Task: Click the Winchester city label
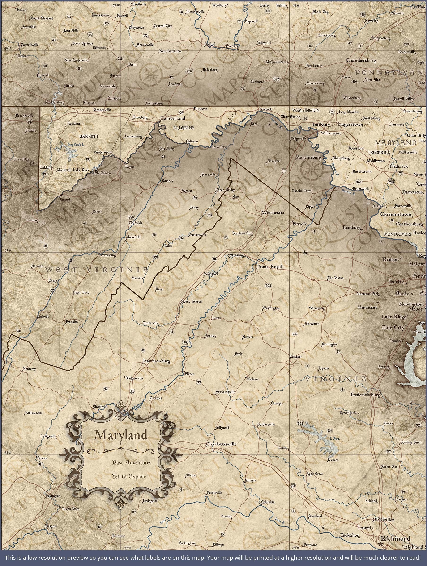click(273, 212)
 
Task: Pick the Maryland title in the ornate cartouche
click(121, 435)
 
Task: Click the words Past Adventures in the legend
click(132, 462)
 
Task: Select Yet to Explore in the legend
click(129, 476)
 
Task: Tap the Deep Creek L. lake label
click(76, 145)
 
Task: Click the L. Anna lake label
click(335, 439)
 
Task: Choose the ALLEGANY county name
click(184, 128)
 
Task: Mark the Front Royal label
click(270, 267)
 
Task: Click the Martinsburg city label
click(308, 157)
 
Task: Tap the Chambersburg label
click(361, 61)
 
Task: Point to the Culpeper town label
click(296, 356)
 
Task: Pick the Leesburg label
click(352, 227)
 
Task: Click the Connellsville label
click(30, 45)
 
